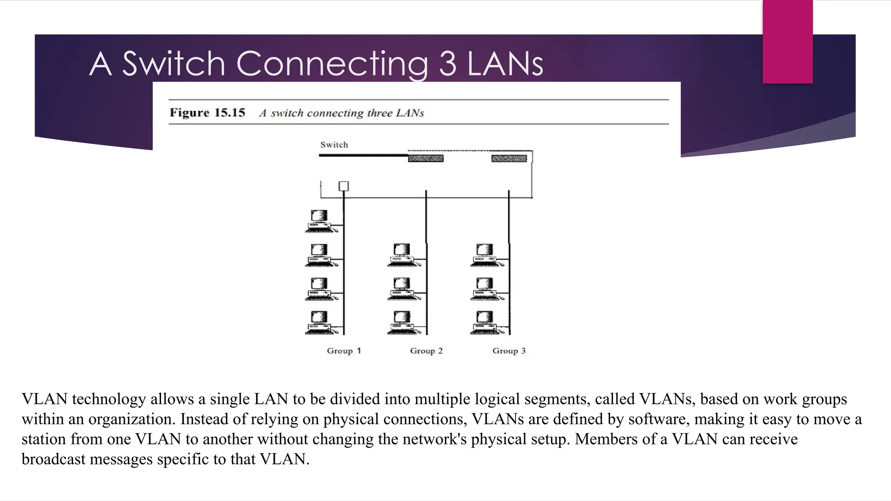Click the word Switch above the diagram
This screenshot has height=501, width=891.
(x=334, y=145)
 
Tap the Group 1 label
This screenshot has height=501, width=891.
(x=344, y=351)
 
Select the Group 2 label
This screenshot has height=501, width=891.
(x=426, y=351)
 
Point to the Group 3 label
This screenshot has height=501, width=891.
(x=509, y=351)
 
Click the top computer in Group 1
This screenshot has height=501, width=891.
(x=320, y=221)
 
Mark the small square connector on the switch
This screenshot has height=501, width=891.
(x=344, y=186)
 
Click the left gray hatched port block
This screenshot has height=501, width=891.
(x=425, y=158)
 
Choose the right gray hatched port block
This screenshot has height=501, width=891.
(x=509, y=158)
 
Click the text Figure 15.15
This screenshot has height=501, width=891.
(x=207, y=113)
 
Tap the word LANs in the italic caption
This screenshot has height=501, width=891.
(x=410, y=113)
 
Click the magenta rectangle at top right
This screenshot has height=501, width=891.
(x=787, y=41)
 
